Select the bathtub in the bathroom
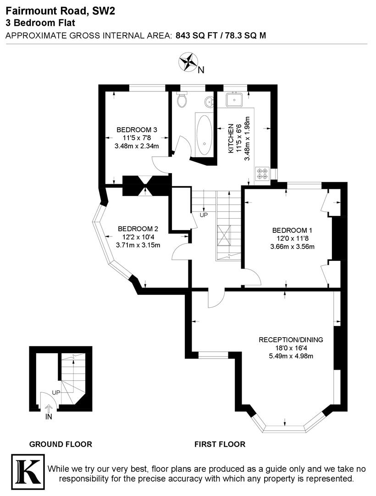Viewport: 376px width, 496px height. coord(204,133)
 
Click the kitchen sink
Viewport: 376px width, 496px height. coord(237,98)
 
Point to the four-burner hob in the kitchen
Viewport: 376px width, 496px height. coord(263,173)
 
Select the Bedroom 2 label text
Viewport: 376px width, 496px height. coord(138,229)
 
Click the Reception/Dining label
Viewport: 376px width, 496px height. coord(291,340)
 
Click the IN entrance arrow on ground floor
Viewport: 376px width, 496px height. coord(49,409)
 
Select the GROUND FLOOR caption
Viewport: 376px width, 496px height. coord(61,444)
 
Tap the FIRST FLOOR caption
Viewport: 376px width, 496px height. coord(220,444)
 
